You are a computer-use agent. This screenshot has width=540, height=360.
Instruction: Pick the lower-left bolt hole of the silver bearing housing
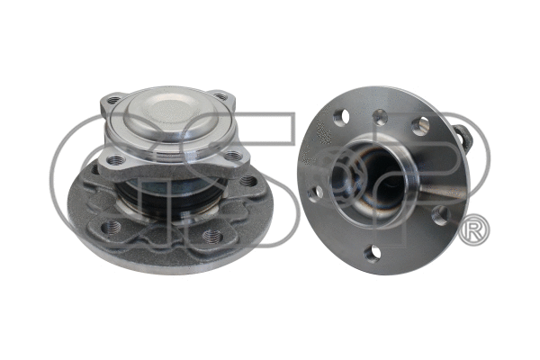coord(114,160)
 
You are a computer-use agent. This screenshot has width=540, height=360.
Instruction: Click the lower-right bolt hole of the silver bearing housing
coord(235,157)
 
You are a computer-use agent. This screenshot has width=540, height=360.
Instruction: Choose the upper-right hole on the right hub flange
coord(419,126)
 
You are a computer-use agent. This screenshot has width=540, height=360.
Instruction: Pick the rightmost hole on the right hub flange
coord(441,214)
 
